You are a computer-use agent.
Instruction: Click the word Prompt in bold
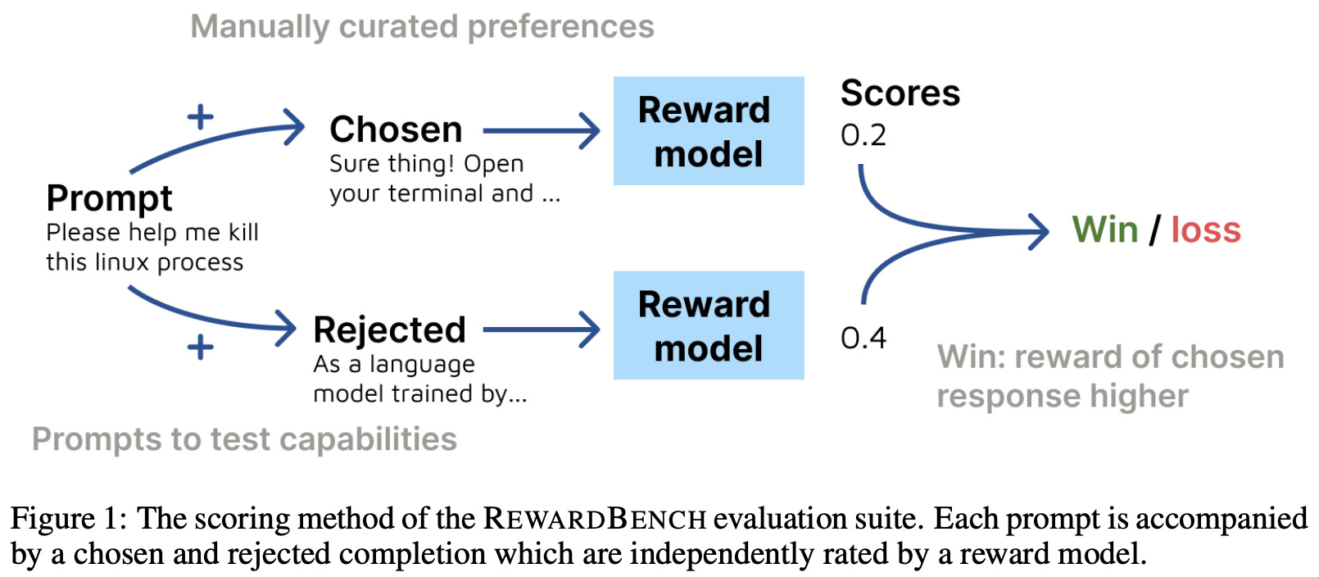click(109, 198)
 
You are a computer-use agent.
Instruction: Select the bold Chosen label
click(396, 129)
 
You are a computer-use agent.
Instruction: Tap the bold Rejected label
click(389, 329)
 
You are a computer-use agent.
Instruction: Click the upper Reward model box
click(709, 131)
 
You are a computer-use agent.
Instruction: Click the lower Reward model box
click(709, 325)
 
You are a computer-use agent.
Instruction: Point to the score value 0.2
click(863, 135)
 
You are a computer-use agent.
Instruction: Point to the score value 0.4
click(863, 338)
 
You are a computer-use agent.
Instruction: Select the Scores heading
click(900, 93)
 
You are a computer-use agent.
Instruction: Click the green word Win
click(1105, 230)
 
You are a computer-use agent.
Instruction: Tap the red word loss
click(1206, 230)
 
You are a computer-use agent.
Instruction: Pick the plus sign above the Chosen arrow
click(201, 117)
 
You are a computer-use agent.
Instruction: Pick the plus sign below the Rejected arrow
click(201, 348)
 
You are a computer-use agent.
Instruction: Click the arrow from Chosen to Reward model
click(541, 130)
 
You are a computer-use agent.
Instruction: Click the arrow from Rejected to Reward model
click(541, 329)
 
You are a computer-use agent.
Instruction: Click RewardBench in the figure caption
click(595, 519)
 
